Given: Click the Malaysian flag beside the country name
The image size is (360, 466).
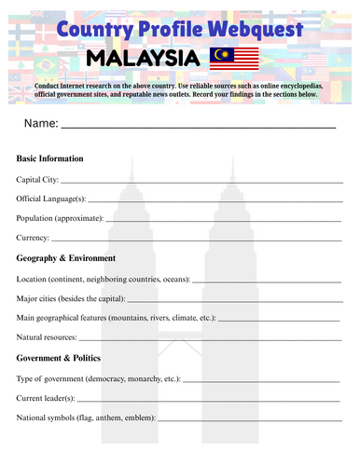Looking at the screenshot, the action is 235,59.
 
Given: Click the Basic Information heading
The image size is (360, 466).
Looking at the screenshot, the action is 50,158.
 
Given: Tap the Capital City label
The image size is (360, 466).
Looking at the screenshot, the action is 38,179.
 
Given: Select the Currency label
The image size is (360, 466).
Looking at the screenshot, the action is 35,238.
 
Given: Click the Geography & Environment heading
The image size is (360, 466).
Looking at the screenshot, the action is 66,258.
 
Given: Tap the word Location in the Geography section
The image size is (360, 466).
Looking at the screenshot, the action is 34,279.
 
